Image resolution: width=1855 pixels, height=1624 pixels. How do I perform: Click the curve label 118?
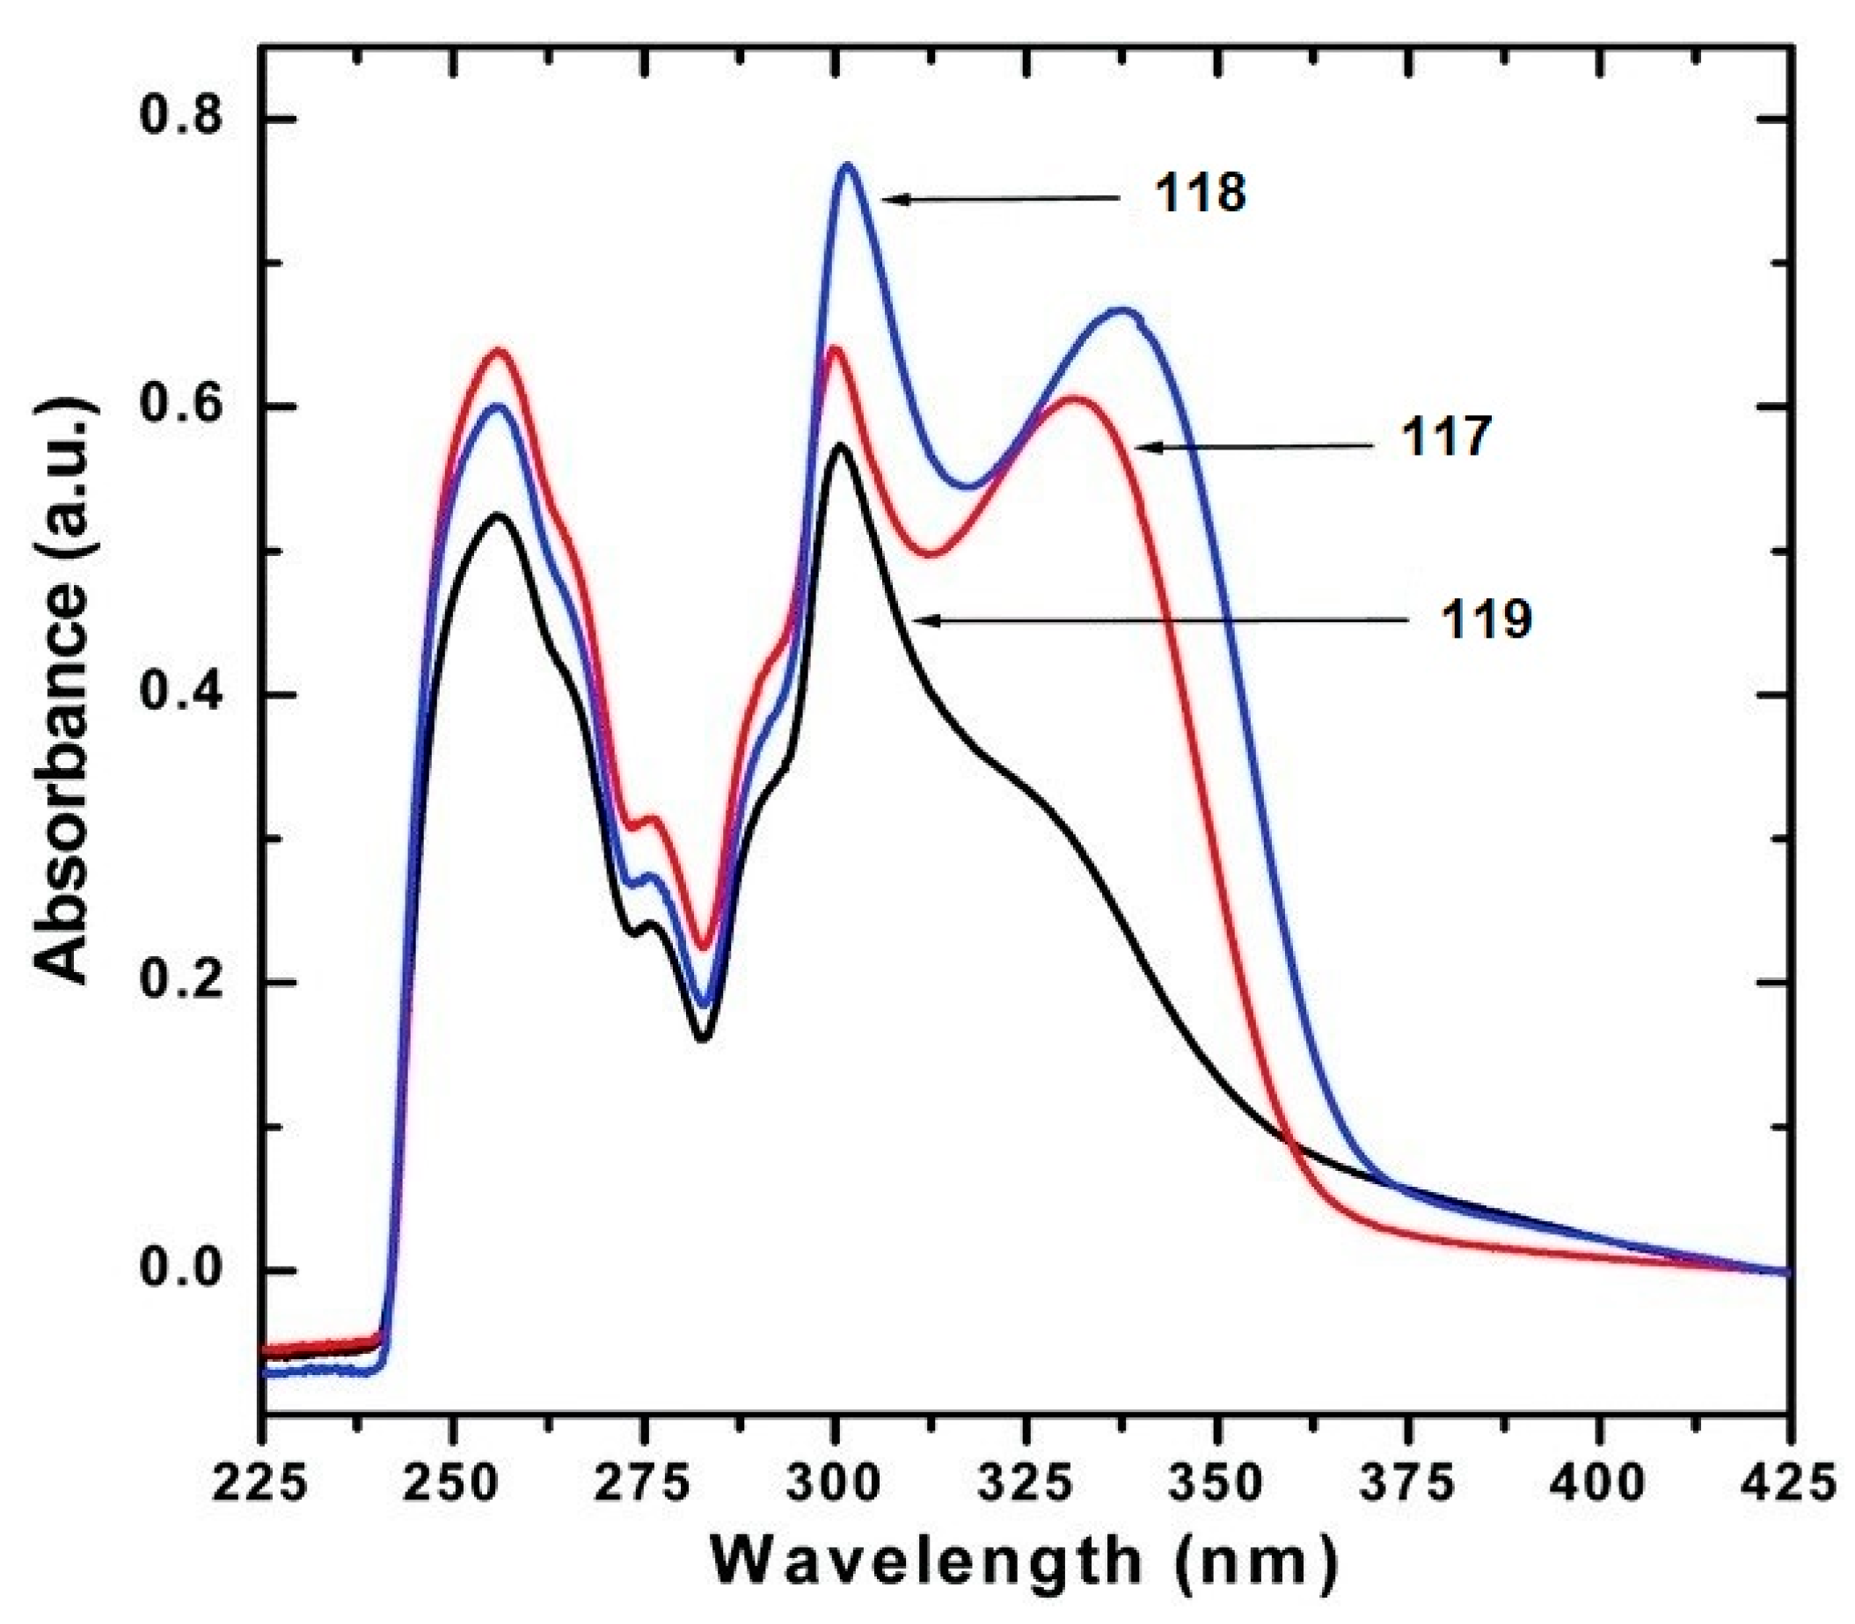(x=1200, y=194)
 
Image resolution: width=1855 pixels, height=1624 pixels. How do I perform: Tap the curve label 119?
(x=1487, y=621)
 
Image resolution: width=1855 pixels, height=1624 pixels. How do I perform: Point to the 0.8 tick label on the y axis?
(x=184, y=119)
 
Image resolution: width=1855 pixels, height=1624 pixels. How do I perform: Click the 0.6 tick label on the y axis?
(x=184, y=407)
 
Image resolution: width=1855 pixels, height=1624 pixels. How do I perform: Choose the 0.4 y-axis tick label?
(x=184, y=695)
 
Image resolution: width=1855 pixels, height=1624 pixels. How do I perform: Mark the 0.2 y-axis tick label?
(x=184, y=984)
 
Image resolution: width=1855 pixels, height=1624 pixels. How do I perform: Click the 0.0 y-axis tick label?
(x=184, y=1270)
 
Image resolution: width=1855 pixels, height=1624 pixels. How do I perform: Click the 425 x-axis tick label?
(x=1787, y=1484)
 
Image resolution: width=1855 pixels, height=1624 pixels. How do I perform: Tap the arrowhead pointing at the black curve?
(x=919, y=621)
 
